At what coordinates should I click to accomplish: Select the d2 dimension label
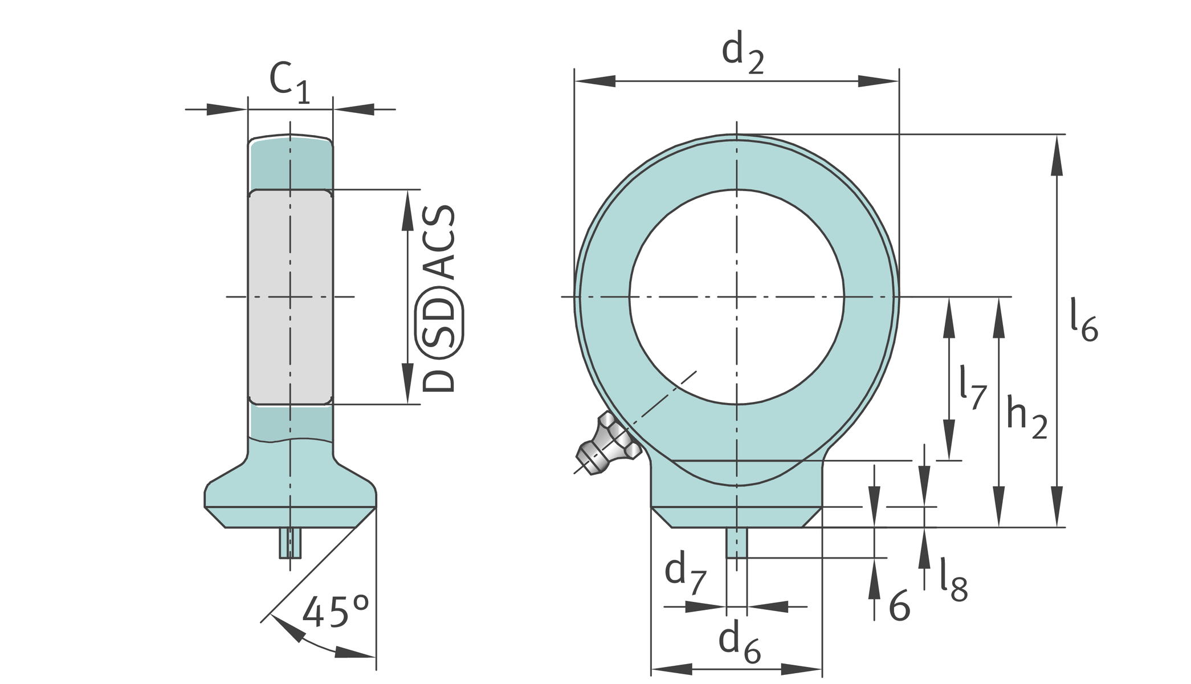[743, 52]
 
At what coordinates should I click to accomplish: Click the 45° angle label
[336, 612]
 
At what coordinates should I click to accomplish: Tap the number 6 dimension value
[900, 606]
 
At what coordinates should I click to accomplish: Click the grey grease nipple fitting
[607, 445]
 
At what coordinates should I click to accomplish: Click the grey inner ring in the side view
[291, 297]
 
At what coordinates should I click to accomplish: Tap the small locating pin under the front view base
[736, 543]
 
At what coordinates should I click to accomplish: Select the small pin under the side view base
[290, 543]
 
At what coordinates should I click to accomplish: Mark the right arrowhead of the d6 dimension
[801, 669]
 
